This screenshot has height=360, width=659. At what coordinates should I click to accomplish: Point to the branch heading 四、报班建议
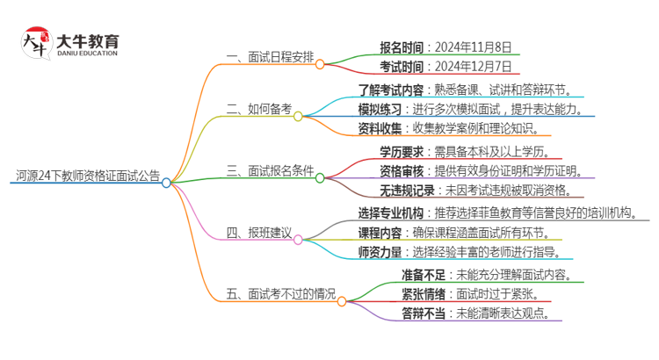[x=257, y=233]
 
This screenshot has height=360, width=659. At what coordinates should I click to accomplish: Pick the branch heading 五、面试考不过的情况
[x=280, y=294]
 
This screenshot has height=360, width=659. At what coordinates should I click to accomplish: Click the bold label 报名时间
[x=401, y=47]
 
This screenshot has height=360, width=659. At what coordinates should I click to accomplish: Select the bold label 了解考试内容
[x=391, y=90]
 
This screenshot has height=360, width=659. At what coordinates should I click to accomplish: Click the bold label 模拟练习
[x=380, y=109]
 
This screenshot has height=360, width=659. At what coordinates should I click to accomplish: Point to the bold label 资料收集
[x=380, y=128]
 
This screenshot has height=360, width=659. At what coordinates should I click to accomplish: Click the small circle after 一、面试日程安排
[x=320, y=64]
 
